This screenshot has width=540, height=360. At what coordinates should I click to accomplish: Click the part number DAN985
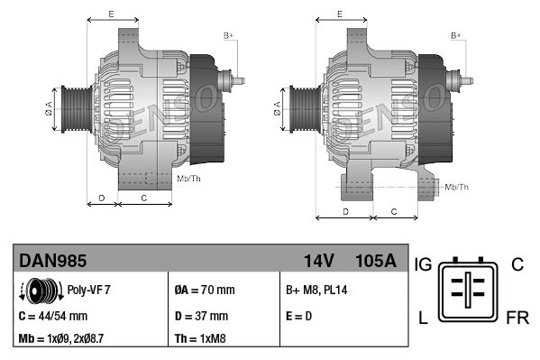pyautogui.click(x=53, y=261)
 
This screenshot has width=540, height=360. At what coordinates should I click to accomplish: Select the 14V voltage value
pyautogui.click(x=318, y=261)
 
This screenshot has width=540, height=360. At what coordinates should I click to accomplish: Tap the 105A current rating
pyautogui.click(x=376, y=261)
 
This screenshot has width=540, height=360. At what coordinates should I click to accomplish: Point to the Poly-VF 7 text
pyautogui.click(x=89, y=291)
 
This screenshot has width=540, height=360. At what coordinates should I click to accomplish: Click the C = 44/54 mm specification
pyautogui.click(x=54, y=316)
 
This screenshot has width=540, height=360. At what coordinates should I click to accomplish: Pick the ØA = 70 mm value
pyautogui.click(x=204, y=291)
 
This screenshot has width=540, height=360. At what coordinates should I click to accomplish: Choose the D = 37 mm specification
pyautogui.click(x=201, y=316)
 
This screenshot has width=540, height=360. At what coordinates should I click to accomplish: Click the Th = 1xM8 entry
pyautogui.click(x=200, y=340)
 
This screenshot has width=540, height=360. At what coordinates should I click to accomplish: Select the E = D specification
pyautogui.click(x=299, y=316)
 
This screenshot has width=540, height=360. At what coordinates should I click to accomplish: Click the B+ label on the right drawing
pyautogui.click(x=456, y=35)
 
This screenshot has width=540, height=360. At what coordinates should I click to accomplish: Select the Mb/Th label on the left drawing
pyautogui.click(x=189, y=179)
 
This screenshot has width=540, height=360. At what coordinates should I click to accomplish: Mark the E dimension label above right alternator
pyautogui.click(x=339, y=14)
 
